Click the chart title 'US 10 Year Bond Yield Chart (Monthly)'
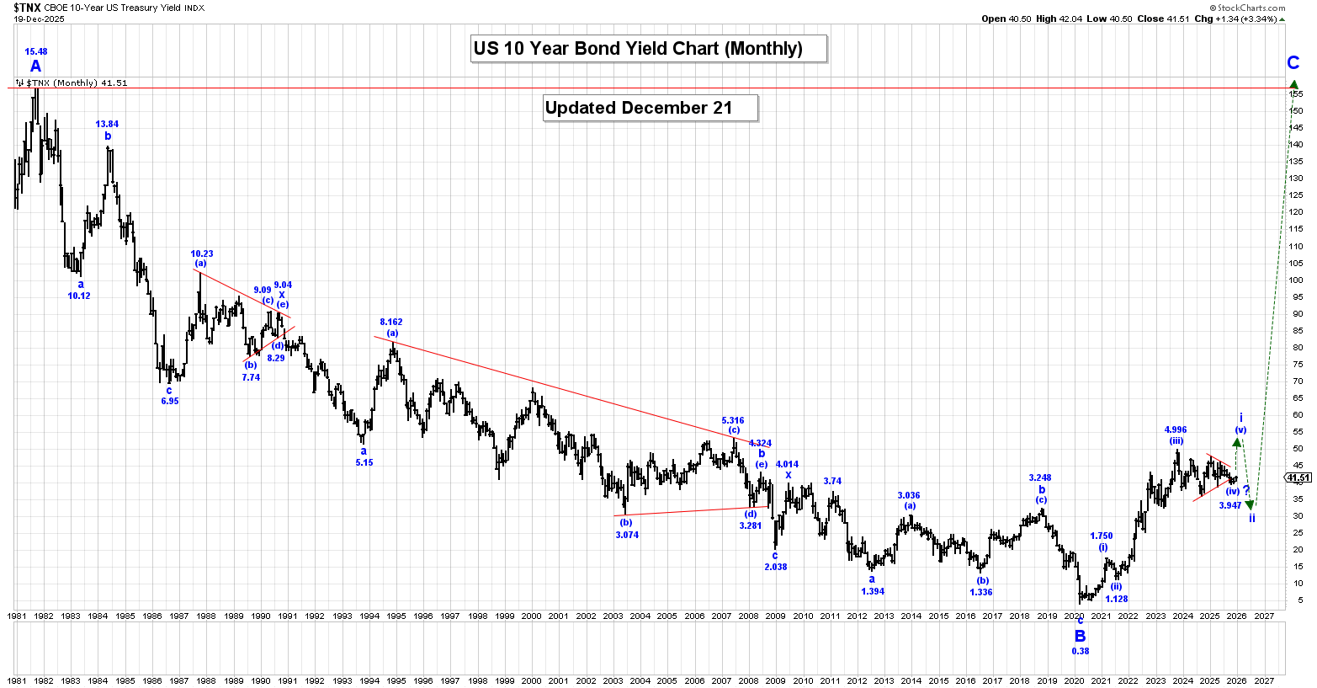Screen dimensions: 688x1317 [649, 49]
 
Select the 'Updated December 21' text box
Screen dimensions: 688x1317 [651, 108]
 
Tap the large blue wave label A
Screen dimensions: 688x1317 [35, 67]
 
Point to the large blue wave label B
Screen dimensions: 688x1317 [1080, 637]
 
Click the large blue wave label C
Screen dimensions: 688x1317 [1293, 63]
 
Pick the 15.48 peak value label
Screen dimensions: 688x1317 [35, 52]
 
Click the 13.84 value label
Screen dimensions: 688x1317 [107, 125]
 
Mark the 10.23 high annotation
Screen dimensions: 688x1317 [202, 253]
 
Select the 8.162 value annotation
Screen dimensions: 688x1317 [391, 323]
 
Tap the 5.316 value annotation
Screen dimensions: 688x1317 [733, 420]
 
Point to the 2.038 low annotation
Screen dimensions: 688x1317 [776, 567]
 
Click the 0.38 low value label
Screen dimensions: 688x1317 [1081, 651]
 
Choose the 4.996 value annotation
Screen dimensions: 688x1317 [1176, 430]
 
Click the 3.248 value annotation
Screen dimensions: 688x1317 [1040, 478]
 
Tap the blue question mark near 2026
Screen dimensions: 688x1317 [1246, 490]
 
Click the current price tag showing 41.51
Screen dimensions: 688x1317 [1299, 478]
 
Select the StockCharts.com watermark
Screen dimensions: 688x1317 [1257, 8]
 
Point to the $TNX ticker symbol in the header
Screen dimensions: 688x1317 [27, 8]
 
